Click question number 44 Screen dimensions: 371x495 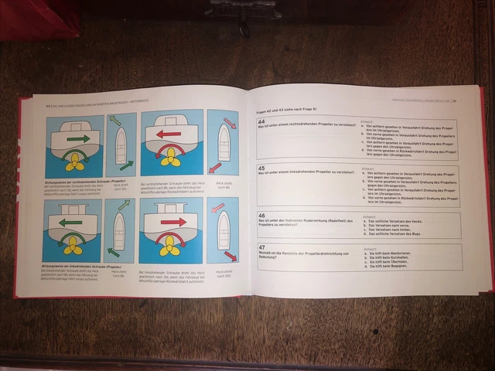point(261,122)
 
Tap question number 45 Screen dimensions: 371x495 point(261,167)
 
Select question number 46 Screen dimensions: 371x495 point(261,216)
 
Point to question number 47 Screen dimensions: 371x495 point(261,247)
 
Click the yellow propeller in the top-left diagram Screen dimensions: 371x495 point(74,162)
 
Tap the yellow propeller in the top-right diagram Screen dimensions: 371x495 point(170,158)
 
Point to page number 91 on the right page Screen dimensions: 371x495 point(456,100)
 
